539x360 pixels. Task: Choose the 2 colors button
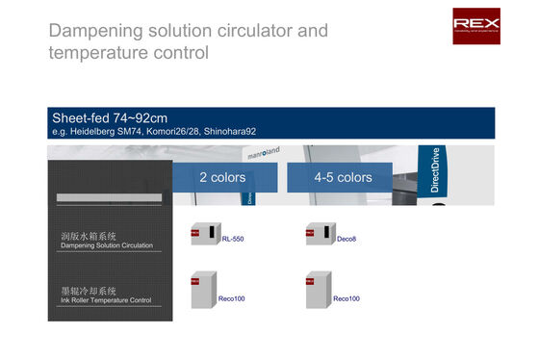(x=222, y=177)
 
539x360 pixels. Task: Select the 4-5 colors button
(x=343, y=177)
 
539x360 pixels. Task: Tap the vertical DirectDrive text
(x=435, y=169)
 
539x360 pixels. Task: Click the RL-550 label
(x=232, y=239)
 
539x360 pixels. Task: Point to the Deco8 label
(x=346, y=239)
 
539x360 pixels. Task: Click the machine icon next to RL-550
(x=204, y=236)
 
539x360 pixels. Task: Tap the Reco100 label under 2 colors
(x=232, y=298)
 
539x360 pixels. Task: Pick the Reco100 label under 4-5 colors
(x=346, y=298)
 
